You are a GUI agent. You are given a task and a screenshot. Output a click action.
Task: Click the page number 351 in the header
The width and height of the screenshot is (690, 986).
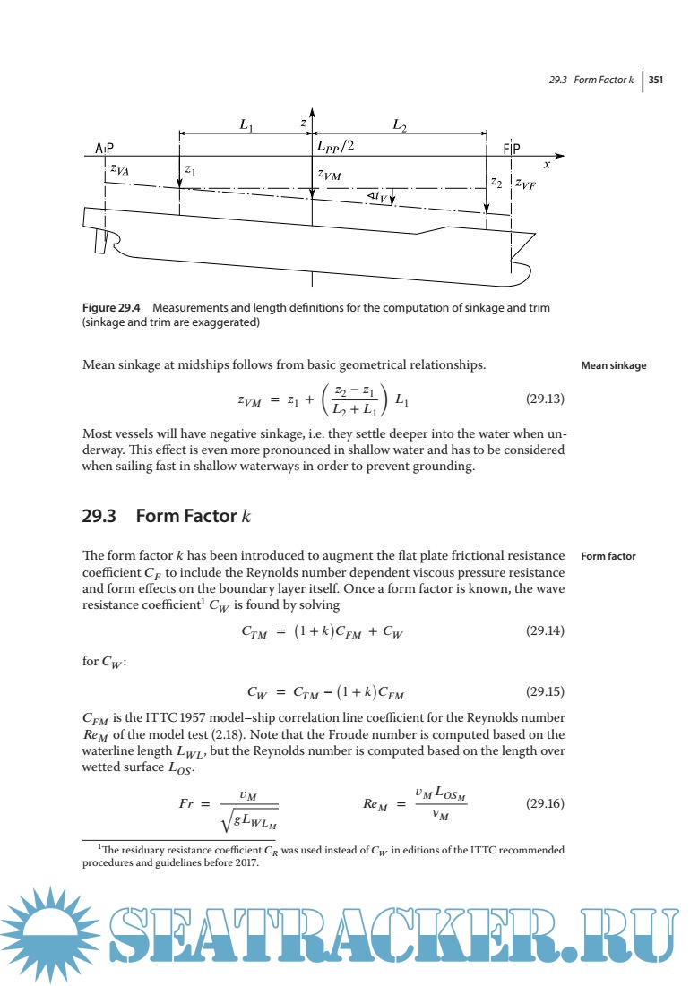(655, 80)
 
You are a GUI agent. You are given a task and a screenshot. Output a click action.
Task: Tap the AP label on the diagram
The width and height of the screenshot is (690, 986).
(105, 149)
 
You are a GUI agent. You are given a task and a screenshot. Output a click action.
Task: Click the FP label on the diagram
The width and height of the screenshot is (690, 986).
(511, 149)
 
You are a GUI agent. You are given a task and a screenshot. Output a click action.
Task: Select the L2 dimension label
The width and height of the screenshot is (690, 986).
(400, 126)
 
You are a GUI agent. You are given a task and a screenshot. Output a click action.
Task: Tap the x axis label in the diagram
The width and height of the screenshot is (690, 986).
(547, 165)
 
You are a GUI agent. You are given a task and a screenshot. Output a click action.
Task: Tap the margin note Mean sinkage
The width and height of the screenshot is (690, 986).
(613, 365)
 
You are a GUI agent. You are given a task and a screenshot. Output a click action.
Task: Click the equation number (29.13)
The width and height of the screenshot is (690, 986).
(544, 402)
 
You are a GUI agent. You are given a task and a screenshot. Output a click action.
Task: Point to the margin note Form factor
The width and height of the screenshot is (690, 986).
(608, 556)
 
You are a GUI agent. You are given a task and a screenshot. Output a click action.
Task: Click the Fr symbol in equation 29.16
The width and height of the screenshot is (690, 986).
(188, 803)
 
